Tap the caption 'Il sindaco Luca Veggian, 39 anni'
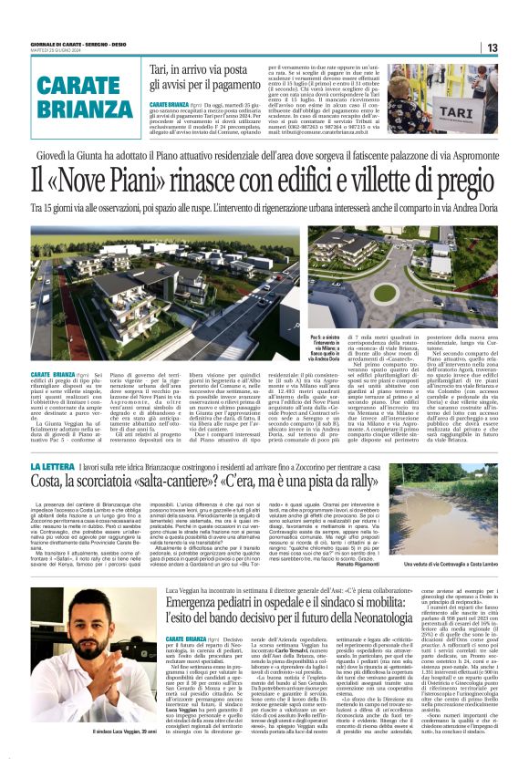tap(85, 757)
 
